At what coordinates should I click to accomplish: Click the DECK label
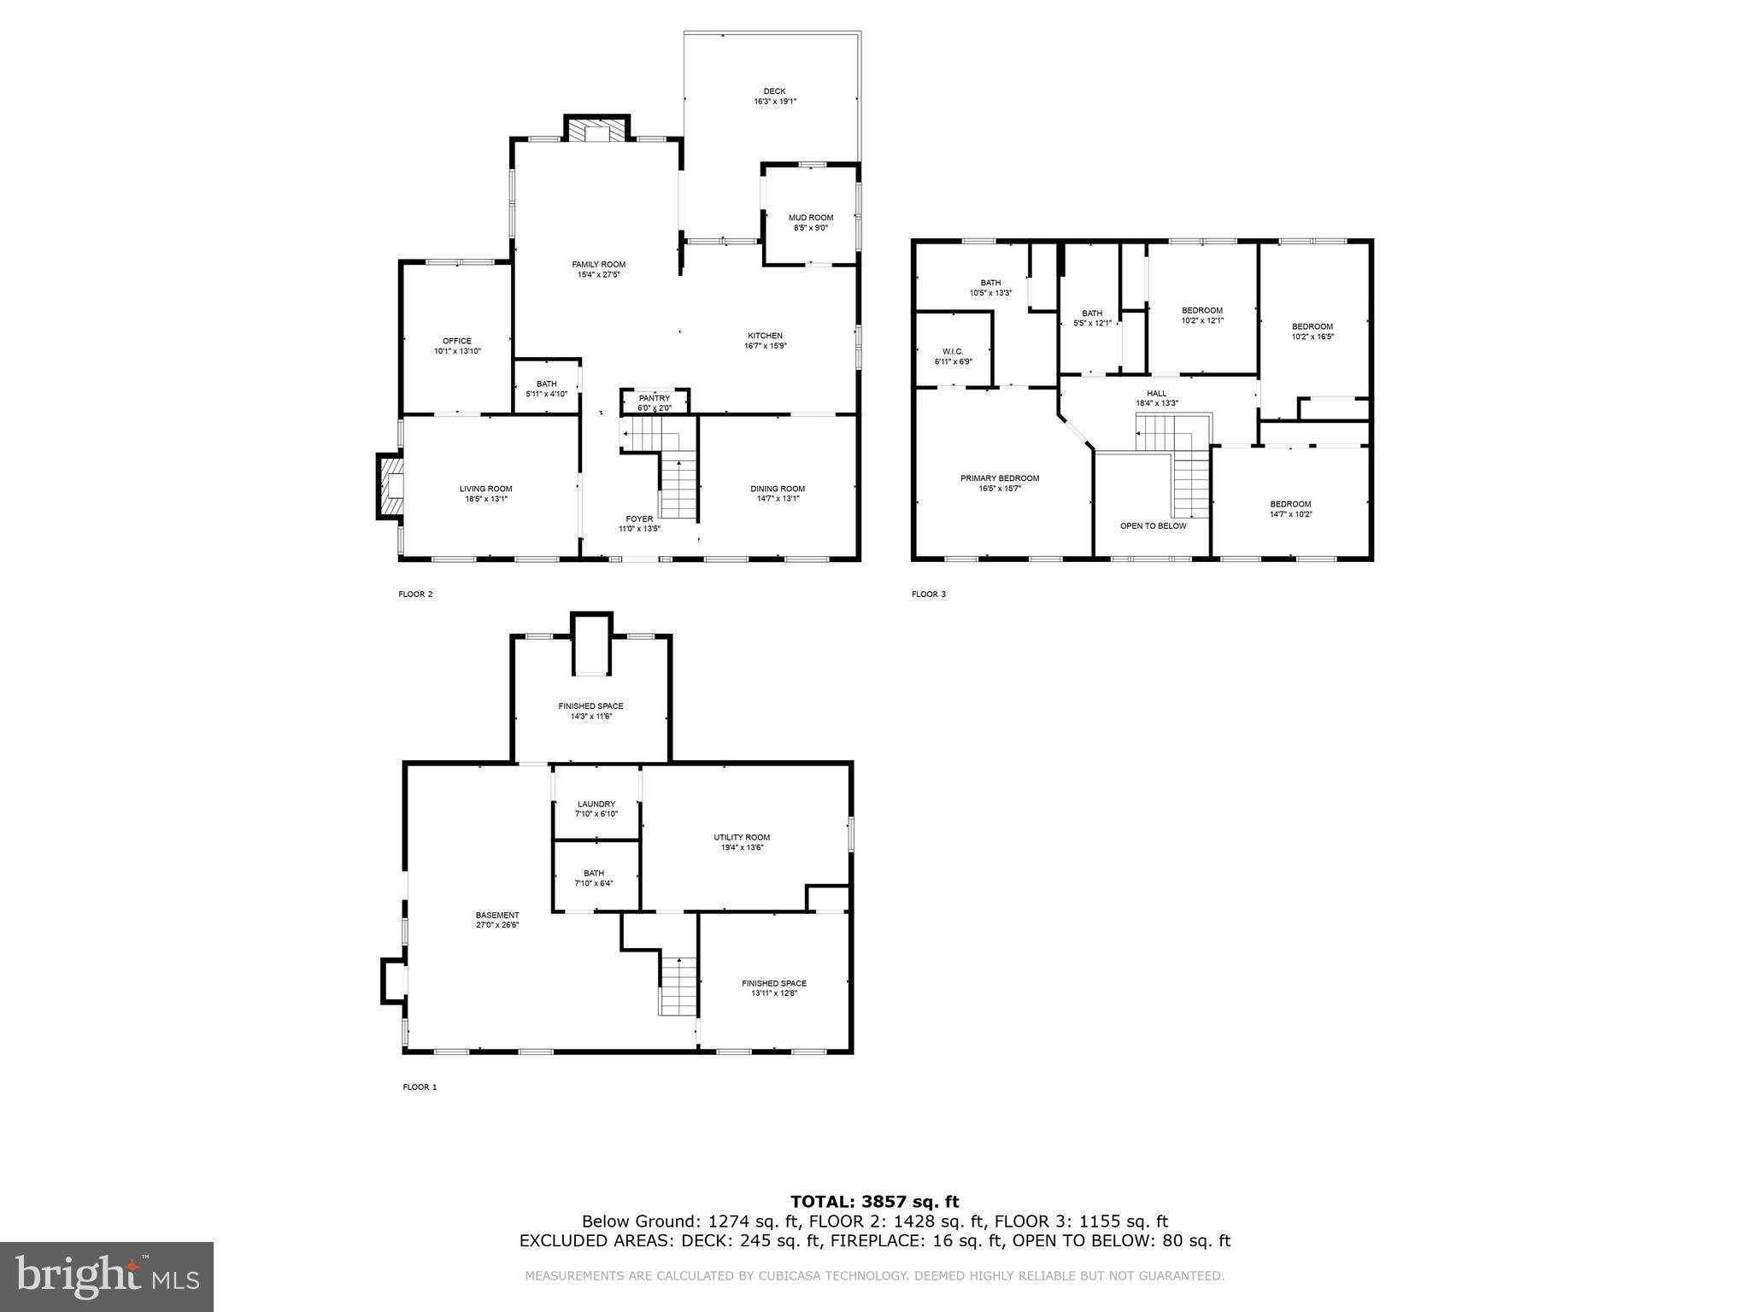coord(774,91)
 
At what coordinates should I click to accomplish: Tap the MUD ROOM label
coord(810,218)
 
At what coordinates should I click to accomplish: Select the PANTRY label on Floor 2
coord(654,398)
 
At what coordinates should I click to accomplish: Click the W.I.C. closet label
coord(953,351)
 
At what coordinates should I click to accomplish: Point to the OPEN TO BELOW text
coord(1153,526)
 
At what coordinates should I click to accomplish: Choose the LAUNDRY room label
coord(596,804)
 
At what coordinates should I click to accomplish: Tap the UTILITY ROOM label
coord(742,837)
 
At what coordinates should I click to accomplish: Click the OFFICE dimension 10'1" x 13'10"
coord(457,351)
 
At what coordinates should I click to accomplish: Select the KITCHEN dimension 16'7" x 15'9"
coord(765,346)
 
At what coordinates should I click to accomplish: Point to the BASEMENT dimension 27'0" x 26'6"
coord(497,925)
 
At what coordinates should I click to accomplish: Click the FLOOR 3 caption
coord(929,594)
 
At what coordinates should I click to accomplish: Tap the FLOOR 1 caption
coord(420,1087)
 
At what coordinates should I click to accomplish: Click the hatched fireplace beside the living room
coord(391,487)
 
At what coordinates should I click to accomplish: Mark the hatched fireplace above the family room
coord(596,131)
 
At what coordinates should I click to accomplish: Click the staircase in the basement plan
coord(678,986)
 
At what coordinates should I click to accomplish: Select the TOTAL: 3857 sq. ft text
coord(874,1202)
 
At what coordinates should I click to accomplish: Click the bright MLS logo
coord(107,1277)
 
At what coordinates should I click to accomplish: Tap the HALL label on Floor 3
coord(1157,393)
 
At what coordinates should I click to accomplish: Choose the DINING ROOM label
coord(778,489)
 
